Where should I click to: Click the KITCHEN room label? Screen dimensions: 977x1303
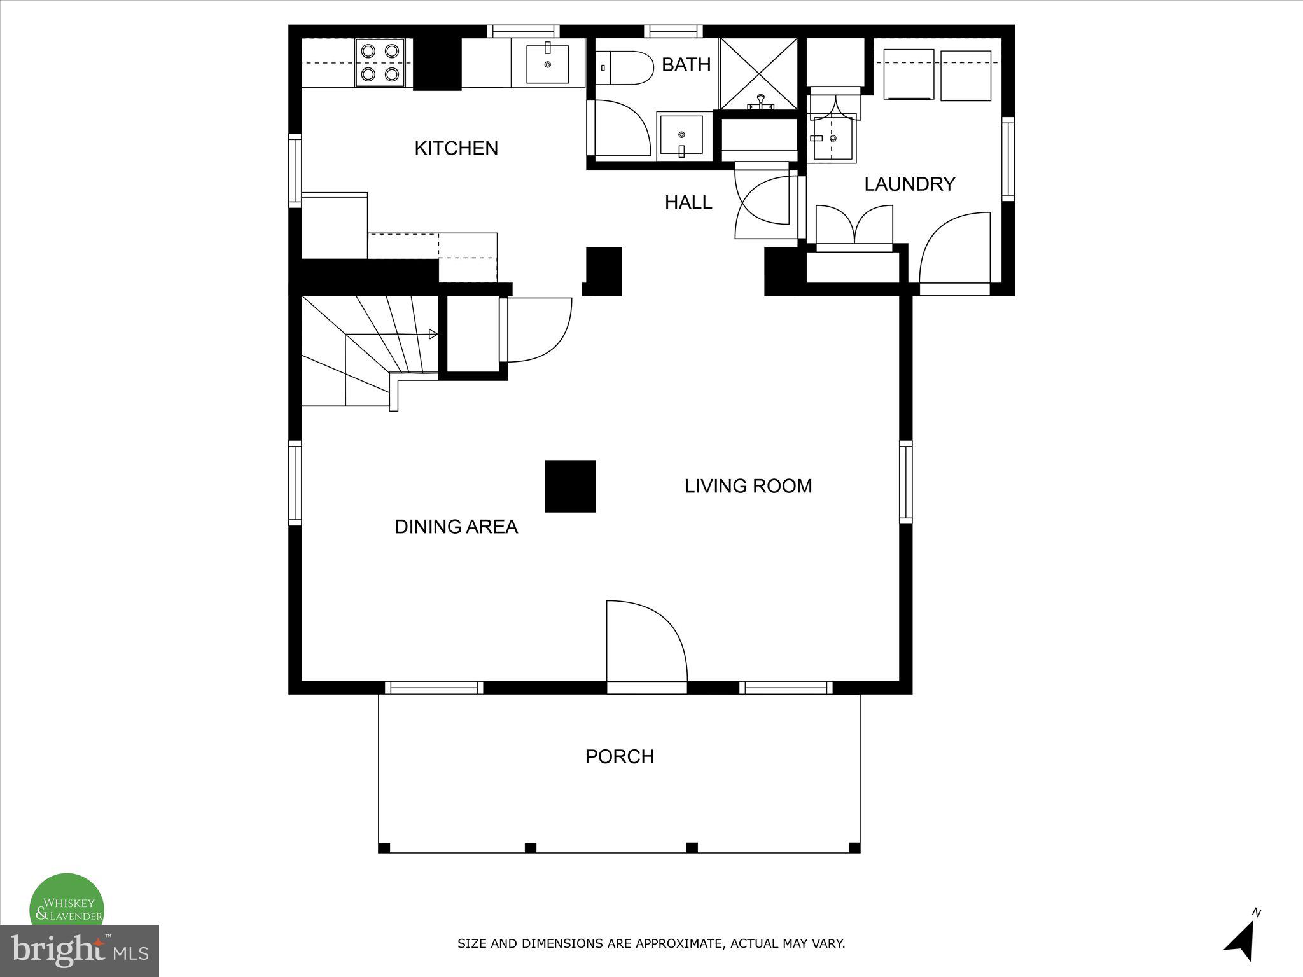[x=456, y=148]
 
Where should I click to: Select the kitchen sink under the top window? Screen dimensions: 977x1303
[x=548, y=63]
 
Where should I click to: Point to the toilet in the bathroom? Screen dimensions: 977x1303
[x=627, y=67]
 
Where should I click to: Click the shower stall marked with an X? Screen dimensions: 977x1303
[x=758, y=73]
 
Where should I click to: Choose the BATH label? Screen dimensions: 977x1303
[x=686, y=64]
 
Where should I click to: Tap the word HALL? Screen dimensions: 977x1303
[x=688, y=202]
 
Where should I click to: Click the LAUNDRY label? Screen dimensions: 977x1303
[x=909, y=184]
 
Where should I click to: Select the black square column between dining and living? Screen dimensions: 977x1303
[x=570, y=486]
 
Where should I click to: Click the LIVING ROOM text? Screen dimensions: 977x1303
[x=748, y=486]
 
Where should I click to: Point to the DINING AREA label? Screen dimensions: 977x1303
[x=456, y=527]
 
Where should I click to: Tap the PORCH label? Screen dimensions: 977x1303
[x=620, y=756]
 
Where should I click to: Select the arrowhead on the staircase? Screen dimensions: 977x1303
[x=433, y=334]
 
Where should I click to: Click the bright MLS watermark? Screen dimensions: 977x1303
[x=80, y=951]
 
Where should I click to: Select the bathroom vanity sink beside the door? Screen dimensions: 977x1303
[x=681, y=135]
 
